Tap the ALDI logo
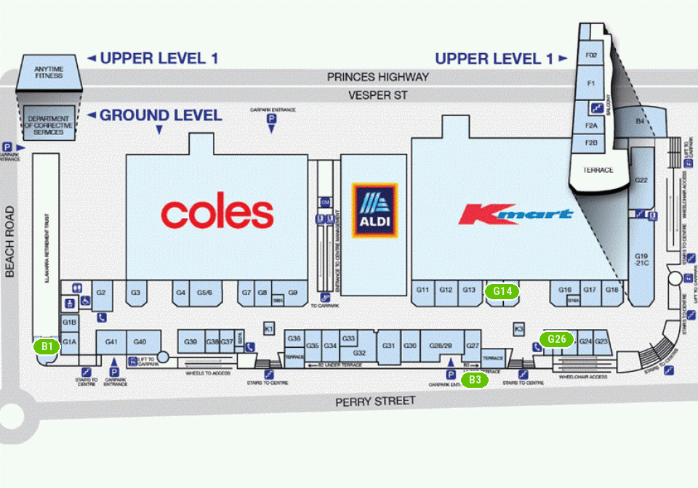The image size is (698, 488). click(x=375, y=210)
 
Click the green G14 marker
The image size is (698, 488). click(x=502, y=292)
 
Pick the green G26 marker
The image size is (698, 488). click(x=557, y=339)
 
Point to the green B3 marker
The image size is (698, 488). click(x=475, y=378)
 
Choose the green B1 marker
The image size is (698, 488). click(x=48, y=346)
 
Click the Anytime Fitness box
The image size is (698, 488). click(x=49, y=72)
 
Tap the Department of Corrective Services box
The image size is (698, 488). click(x=49, y=123)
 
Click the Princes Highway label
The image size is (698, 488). click(x=378, y=76)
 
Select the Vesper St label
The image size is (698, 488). click(x=378, y=95)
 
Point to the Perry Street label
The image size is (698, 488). click(x=375, y=402)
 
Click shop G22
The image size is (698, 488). click(x=641, y=180)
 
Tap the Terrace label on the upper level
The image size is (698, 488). click(x=598, y=170)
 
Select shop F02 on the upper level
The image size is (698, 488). click(x=591, y=55)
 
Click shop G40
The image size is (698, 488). click(x=140, y=342)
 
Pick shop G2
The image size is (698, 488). click(x=101, y=293)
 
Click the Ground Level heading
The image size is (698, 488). click(x=161, y=115)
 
